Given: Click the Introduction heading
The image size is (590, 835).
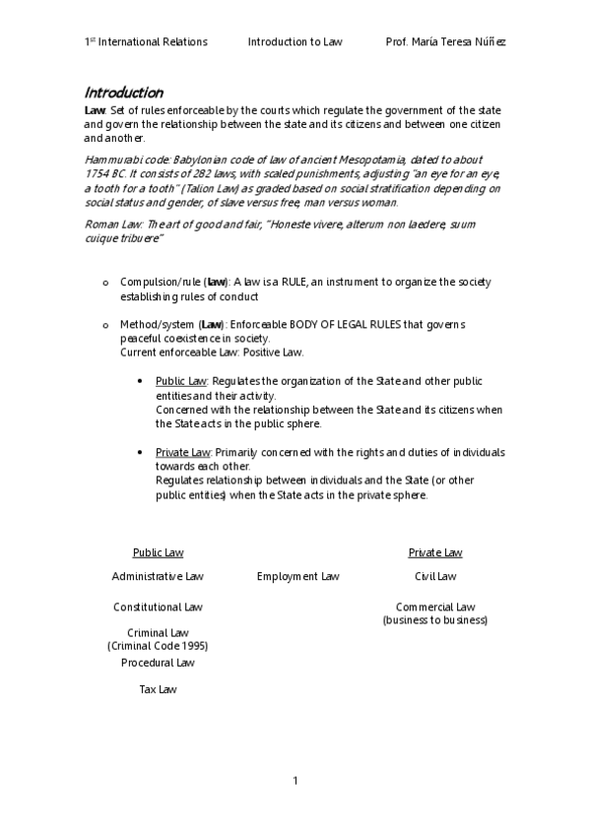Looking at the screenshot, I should (x=123, y=93).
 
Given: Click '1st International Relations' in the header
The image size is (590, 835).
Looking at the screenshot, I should (x=146, y=42).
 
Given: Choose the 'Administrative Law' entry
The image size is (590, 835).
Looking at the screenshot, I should (x=158, y=576).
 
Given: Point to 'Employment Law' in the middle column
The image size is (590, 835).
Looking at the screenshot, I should (x=297, y=576).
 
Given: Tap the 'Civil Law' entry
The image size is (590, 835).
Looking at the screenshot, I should (x=435, y=576).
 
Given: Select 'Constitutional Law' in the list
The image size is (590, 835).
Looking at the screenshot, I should (x=158, y=608).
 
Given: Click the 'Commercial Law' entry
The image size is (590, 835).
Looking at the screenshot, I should (x=435, y=608).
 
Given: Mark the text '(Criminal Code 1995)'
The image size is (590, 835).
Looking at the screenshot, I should (x=158, y=646).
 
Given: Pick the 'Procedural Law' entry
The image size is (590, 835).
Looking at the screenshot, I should (x=158, y=663).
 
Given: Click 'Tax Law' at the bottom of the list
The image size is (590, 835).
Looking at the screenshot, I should (x=158, y=690).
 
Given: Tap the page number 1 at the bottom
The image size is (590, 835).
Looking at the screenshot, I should (x=295, y=781).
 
